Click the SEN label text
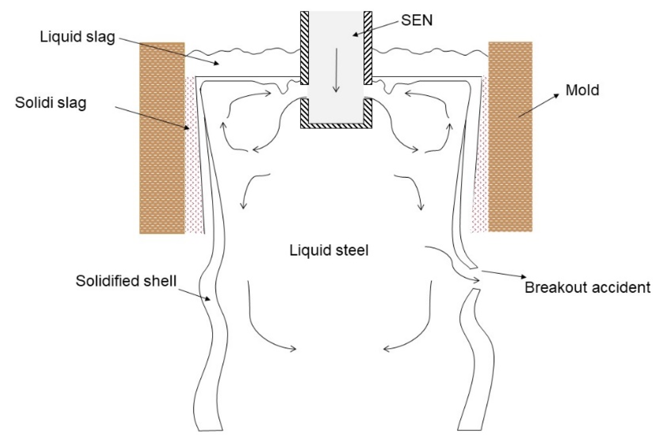pyautogui.click(x=416, y=20)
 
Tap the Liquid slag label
pyautogui.click(x=77, y=37)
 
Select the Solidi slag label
pyautogui.click(x=51, y=103)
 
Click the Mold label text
pyautogui.click(x=582, y=90)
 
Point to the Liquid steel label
pyautogui.click(x=329, y=250)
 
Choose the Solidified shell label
pyautogui.click(x=126, y=281)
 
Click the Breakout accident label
pyautogui.click(x=587, y=287)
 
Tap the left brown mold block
pyautogui.click(x=162, y=138)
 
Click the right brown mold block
pyautogui.click(x=510, y=137)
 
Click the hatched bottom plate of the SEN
pyautogui.click(x=336, y=125)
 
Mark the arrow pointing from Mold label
pyautogui.click(x=538, y=105)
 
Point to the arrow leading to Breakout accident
pyautogui.click(x=504, y=274)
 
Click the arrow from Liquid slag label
pyautogui.click(x=169, y=51)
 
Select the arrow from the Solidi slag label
pyautogui.click(x=152, y=118)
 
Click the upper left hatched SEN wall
pyautogui.click(x=304, y=48)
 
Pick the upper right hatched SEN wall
pyautogui.click(x=368, y=48)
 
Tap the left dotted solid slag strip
pyautogui.click(x=193, y=155)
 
